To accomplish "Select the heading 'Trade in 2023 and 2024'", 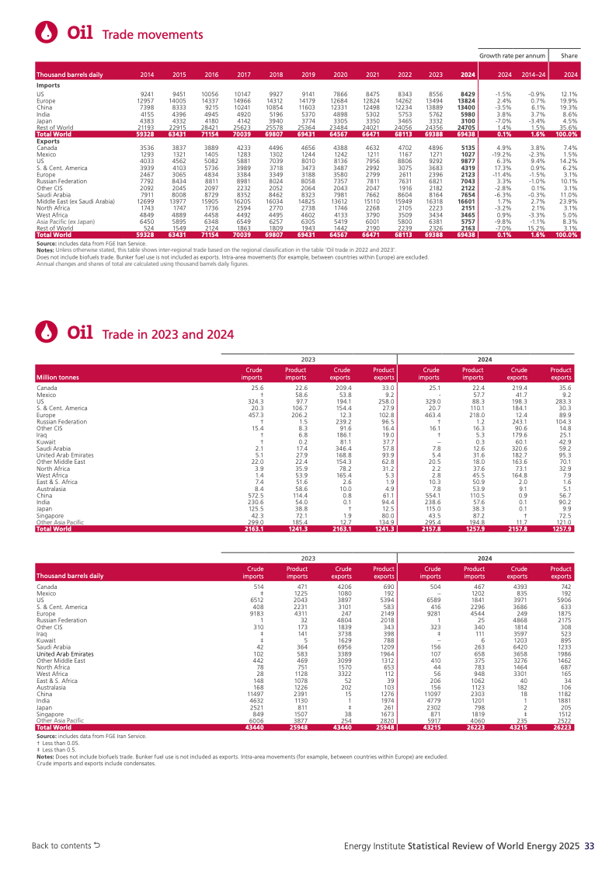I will (168, 356).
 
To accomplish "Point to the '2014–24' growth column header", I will (533, 75).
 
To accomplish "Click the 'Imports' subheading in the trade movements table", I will (48, 86).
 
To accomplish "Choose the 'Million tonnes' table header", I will (57, 377).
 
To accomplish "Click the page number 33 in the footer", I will (590, 845).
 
